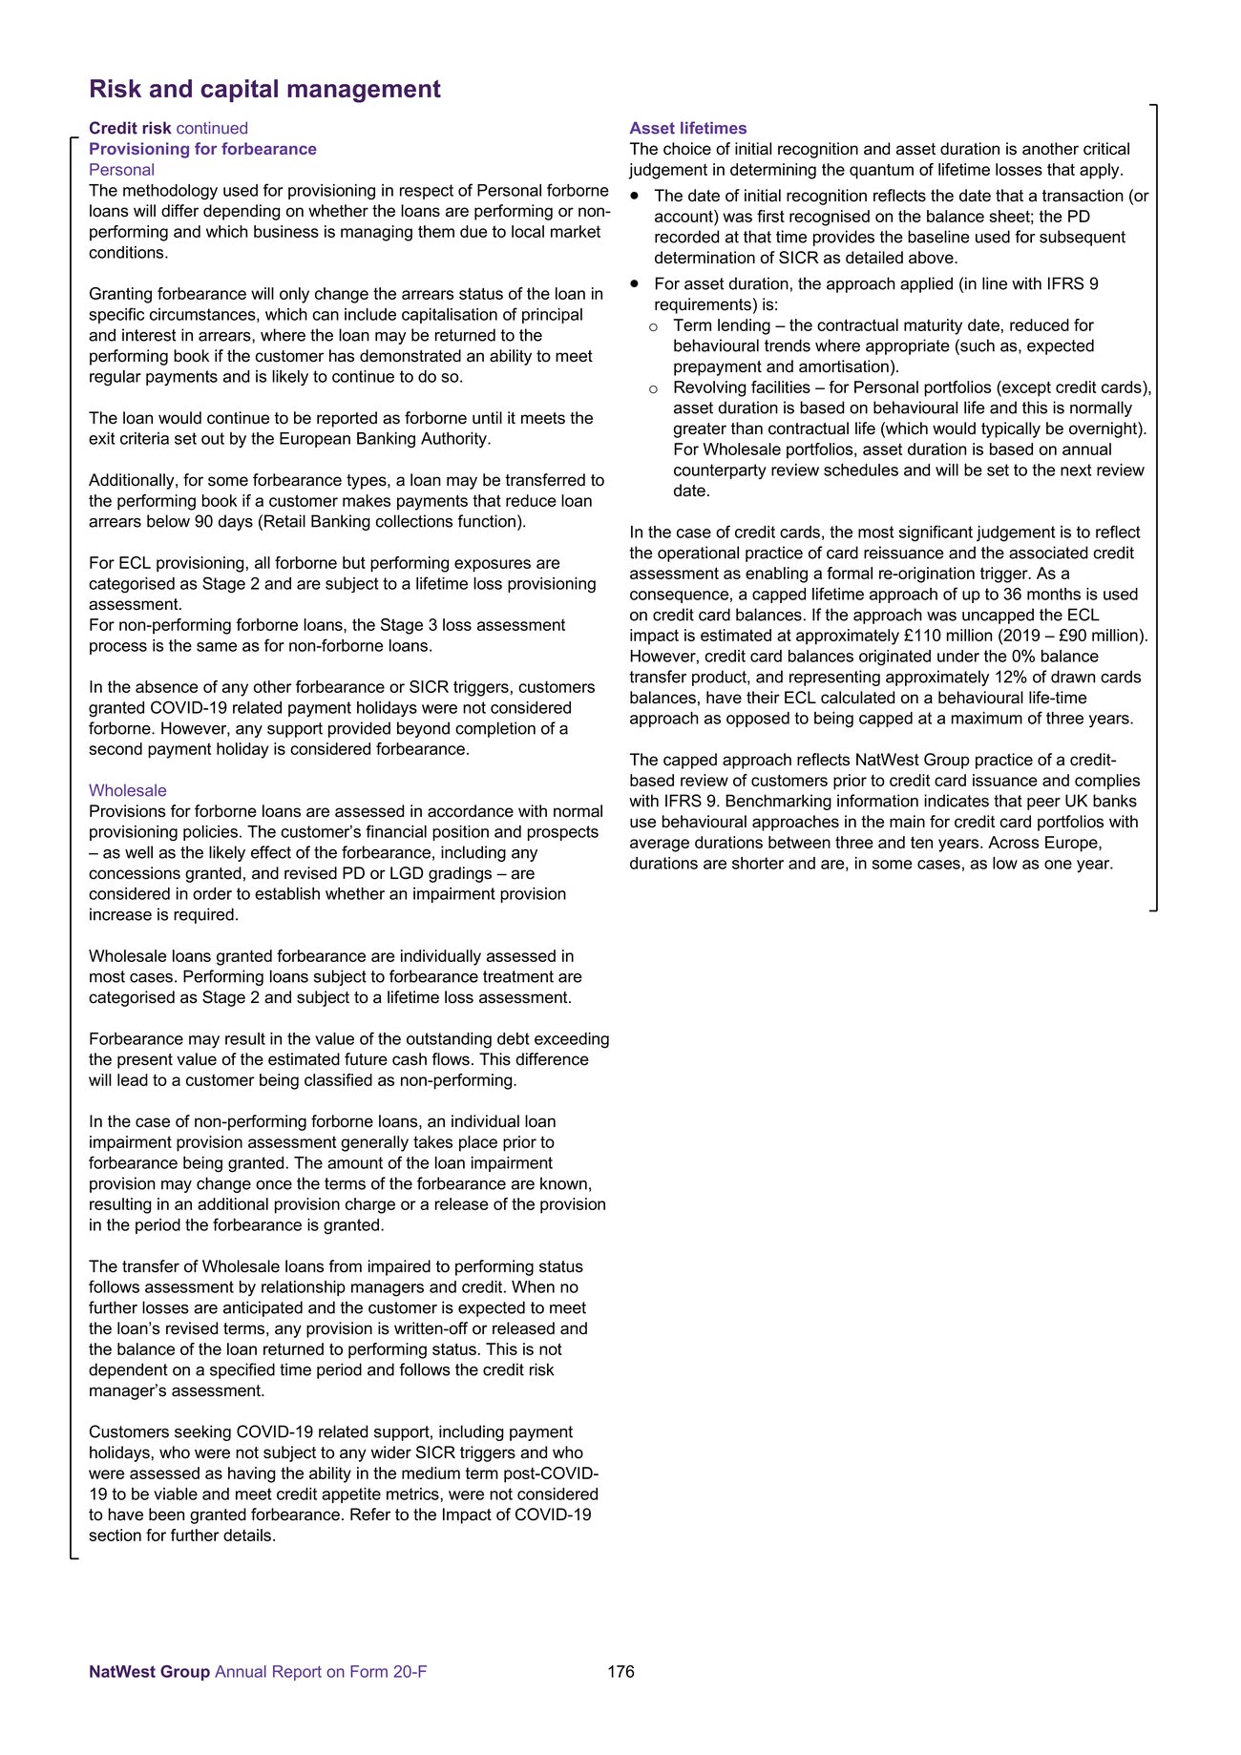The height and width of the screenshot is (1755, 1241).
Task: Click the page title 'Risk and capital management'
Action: [264, 89]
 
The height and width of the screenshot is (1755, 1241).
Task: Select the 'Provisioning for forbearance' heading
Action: [202, 149]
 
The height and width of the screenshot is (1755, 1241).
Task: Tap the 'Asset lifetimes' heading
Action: [687, 128]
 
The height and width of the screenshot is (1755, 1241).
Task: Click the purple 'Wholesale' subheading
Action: [127, 790]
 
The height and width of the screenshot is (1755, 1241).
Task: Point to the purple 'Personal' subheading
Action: [121, 170]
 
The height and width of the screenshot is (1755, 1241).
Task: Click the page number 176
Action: [620, 1671]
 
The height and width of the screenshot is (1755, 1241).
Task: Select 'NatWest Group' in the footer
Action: [149, 1671]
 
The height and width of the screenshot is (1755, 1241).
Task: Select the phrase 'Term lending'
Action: [722, 325]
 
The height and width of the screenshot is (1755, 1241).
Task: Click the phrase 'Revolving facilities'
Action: [743, 387]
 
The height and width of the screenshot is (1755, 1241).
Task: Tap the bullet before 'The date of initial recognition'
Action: [635, 196]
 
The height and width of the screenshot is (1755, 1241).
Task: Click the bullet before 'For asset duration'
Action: [635, 283]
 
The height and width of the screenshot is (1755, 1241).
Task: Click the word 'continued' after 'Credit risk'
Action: [212, 128]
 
